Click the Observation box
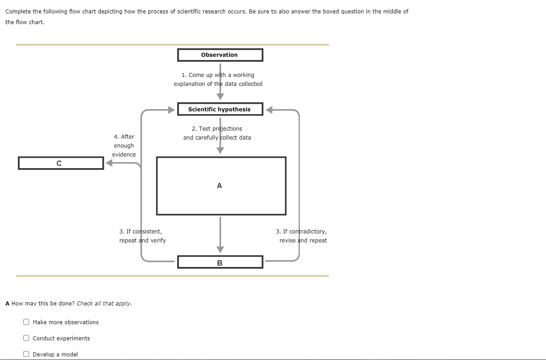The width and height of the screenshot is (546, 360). (220, 55)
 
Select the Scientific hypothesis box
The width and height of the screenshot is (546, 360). (220, 109)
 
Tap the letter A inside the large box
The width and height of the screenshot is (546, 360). (219, 186)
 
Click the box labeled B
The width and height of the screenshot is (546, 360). (220, 263)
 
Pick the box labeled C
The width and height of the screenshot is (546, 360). (61, 163)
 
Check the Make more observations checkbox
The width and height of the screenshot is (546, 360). (26, 322)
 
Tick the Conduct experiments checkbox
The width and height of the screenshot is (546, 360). (26, 338)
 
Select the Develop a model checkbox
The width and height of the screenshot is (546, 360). (26, 354)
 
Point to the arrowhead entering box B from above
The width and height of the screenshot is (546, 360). (220, 250)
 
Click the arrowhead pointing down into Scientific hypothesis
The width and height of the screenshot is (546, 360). (220, 97)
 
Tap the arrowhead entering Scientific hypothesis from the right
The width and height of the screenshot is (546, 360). (270, 110)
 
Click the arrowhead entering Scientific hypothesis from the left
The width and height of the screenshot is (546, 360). (171, 110)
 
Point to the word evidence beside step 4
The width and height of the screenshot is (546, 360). (124, 155)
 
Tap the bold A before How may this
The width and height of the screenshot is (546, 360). (8, 303)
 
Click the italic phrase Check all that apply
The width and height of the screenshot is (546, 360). (104, 303)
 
